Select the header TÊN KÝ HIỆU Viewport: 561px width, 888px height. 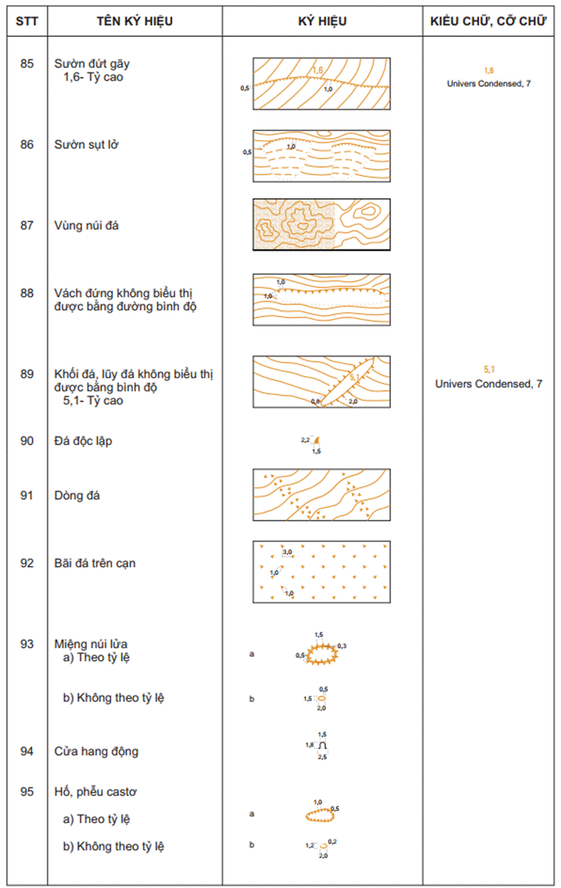[134, 21]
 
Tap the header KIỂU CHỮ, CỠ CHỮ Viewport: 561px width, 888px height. [488, 21]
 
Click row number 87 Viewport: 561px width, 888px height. [27, 225]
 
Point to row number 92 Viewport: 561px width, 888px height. [27, 563]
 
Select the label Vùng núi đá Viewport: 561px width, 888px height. [87, 225]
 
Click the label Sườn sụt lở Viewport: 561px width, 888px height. [86, 144]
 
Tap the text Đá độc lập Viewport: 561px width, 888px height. [84, 441]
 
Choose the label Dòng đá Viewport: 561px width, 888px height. [78, 496]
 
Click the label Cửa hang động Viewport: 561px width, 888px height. [96, 751]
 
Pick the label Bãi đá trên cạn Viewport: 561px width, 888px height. [95, 563]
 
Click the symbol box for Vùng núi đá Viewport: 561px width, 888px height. [321, 225]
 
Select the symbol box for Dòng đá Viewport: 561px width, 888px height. [321, 496]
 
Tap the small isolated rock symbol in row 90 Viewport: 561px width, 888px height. [317, 441]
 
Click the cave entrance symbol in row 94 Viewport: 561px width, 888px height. [323, 745]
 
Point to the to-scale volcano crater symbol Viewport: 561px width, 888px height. [320, 654]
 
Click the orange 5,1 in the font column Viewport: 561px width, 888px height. [488, 369]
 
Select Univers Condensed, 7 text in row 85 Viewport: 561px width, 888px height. [488, 83]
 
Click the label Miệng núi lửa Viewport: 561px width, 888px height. [92, 644]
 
